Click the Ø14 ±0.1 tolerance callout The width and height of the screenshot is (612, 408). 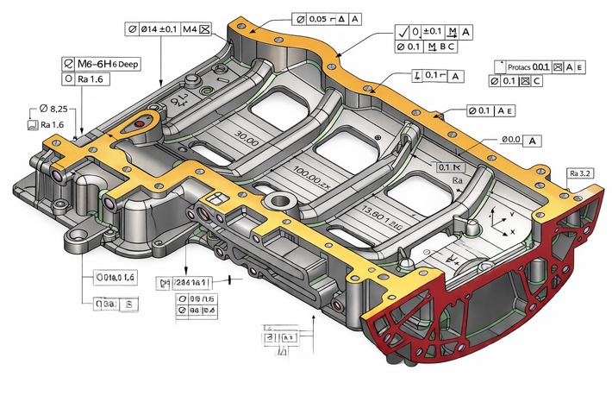(155, 28)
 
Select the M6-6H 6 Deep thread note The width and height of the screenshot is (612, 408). (104, 64)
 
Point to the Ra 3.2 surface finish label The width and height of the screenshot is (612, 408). (580, 174)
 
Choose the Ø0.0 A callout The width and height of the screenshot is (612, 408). (520, 140)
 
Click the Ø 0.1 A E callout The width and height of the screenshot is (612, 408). (491, 110)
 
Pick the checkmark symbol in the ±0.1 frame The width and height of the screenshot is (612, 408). (402, 32)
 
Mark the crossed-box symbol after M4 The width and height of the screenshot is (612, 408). (204, 28)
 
